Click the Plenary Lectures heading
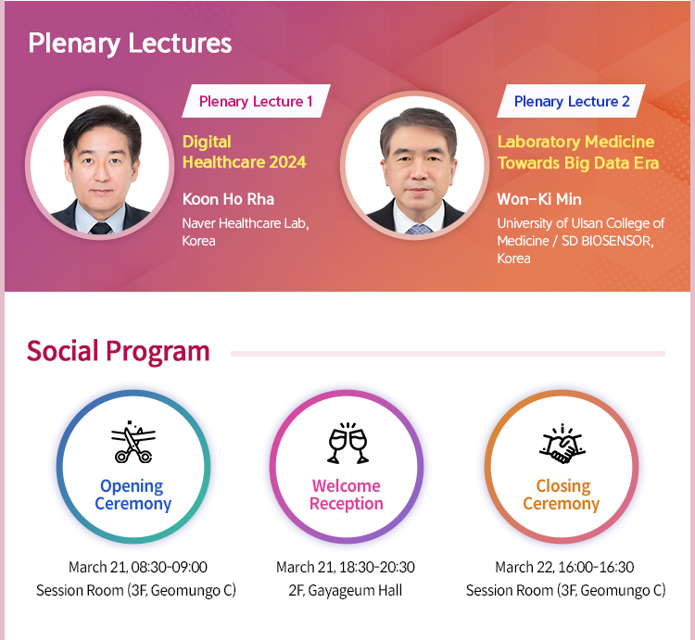pos(130,44)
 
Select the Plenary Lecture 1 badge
pos(256,101)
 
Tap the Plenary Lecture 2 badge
pos(572,101)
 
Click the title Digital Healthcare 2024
pos(245,152)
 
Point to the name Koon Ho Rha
pos(228,199)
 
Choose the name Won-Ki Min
pos(539,199)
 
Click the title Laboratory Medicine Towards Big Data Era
pos(578,153)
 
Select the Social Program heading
pos(118,352)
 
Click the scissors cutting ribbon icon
pos(133,442)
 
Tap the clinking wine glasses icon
pos(347,443)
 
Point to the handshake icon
pos(562,444)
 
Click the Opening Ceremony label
pos(133,495)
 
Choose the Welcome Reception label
pos(347,495)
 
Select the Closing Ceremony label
pos(562,495)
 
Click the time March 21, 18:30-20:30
pos(346,567)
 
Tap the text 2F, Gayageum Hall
pos(346,590)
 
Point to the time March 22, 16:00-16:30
pos(564,567)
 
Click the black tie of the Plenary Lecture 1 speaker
pos(101,228)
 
